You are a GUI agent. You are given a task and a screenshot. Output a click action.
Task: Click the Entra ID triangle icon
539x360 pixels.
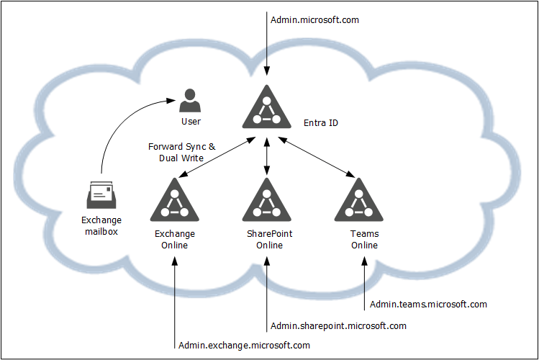(266, 107)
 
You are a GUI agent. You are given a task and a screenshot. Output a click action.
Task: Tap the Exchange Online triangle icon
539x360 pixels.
(175, 199)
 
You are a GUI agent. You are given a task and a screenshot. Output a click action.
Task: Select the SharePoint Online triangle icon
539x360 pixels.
(266, 199)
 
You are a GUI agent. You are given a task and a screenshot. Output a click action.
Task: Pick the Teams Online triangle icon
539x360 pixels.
(359, 199)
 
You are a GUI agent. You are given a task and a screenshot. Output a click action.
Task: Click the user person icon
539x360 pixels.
(190, 100)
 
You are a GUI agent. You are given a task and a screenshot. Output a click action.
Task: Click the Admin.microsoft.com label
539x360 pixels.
(314, 20)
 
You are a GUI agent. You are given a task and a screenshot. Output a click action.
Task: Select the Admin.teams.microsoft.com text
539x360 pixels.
(428, 305)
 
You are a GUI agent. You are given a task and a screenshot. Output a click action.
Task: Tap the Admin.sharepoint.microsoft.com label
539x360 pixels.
(338, 326)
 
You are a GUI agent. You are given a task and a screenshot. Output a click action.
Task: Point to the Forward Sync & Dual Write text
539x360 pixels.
(181, 153)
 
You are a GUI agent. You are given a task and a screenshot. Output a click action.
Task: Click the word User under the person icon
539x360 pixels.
(191, 122)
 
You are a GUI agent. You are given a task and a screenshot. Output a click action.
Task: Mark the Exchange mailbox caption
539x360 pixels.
(101, 226)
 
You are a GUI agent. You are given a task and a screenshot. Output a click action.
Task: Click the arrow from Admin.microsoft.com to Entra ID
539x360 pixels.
(267, 43)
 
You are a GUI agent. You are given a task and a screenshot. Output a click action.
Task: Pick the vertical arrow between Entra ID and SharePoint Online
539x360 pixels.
(267, 157)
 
